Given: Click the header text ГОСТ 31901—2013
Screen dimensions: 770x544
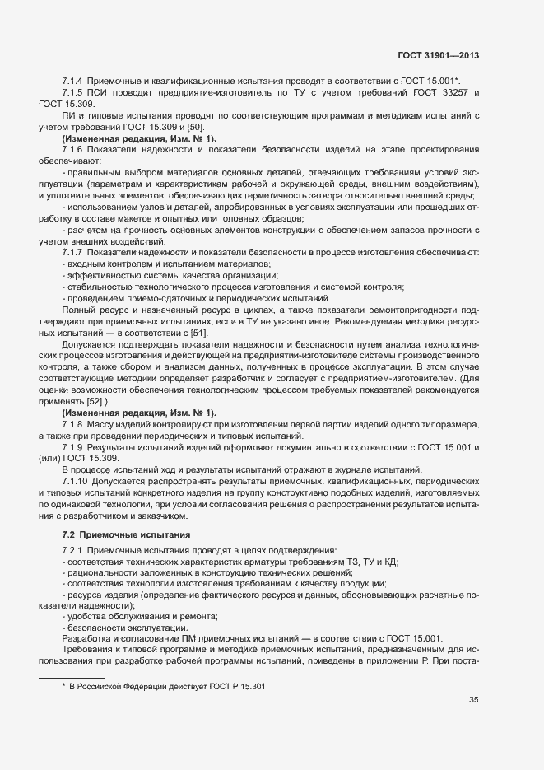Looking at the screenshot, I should pyautogui.click(x=437, y=56).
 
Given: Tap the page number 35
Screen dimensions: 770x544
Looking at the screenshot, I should pyautogui.click(x=473, y=702).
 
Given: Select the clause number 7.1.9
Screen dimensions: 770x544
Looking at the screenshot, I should pyautogui.click(x=72, y=446).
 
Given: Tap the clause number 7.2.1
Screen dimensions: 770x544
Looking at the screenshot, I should pyautogui.click(x=72, y=550).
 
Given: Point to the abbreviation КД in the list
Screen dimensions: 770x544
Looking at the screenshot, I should pyautogui.click(x=390, y=562).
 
